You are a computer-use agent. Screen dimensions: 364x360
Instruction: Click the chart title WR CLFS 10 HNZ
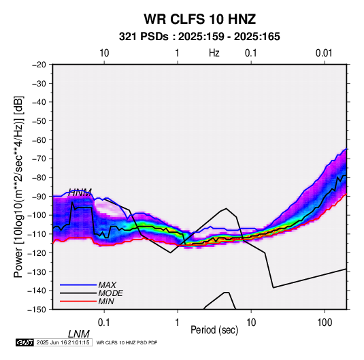[200, 19]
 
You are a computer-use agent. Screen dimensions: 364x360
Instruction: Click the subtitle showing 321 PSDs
[199, 37]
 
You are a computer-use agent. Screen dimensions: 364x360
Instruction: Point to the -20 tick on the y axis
[39, 65]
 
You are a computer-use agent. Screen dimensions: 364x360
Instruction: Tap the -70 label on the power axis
[39, 159]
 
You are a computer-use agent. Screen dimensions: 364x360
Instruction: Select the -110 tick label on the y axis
[37, 234]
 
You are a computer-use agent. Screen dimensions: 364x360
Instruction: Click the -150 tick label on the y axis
[37, 310]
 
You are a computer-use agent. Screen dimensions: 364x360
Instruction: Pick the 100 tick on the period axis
[325, 323]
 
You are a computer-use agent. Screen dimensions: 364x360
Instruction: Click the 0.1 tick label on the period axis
[104, 323]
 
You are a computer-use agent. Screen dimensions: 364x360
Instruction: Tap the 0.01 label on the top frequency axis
[324, 53]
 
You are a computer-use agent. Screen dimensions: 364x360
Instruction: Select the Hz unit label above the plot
[214, 53]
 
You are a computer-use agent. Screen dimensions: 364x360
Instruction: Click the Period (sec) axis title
[214, 330]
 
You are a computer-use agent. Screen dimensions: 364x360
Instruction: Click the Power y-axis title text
[18, 186]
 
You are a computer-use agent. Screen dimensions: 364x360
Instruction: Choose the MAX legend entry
[107, 284]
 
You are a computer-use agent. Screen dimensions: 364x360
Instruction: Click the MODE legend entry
[110, 293]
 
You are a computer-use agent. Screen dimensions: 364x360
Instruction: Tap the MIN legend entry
[106, 301]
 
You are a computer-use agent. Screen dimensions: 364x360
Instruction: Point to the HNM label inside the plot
[80, 193]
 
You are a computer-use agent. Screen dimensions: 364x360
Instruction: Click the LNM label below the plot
[79, 334]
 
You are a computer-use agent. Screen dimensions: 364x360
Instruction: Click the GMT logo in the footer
[25, 342]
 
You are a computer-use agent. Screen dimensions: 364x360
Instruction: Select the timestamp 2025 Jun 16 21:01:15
[63, 342]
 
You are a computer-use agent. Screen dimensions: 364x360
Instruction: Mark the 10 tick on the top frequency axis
[104, 53]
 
